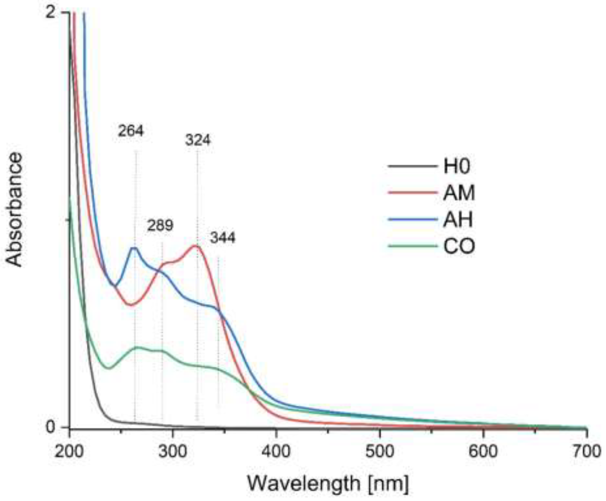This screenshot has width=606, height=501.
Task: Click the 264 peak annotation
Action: pyautogui.click(x=131, y=131)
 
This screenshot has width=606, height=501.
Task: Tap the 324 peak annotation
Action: pyautogui.click(x=198, y=140)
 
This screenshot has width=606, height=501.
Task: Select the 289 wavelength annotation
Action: pyautogui.click(x=160, y=225)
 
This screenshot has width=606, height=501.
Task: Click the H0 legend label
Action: pyautogui.click(x=457, y=167)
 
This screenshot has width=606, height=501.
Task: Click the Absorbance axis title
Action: pyautogui.click(x=14, y=210)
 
